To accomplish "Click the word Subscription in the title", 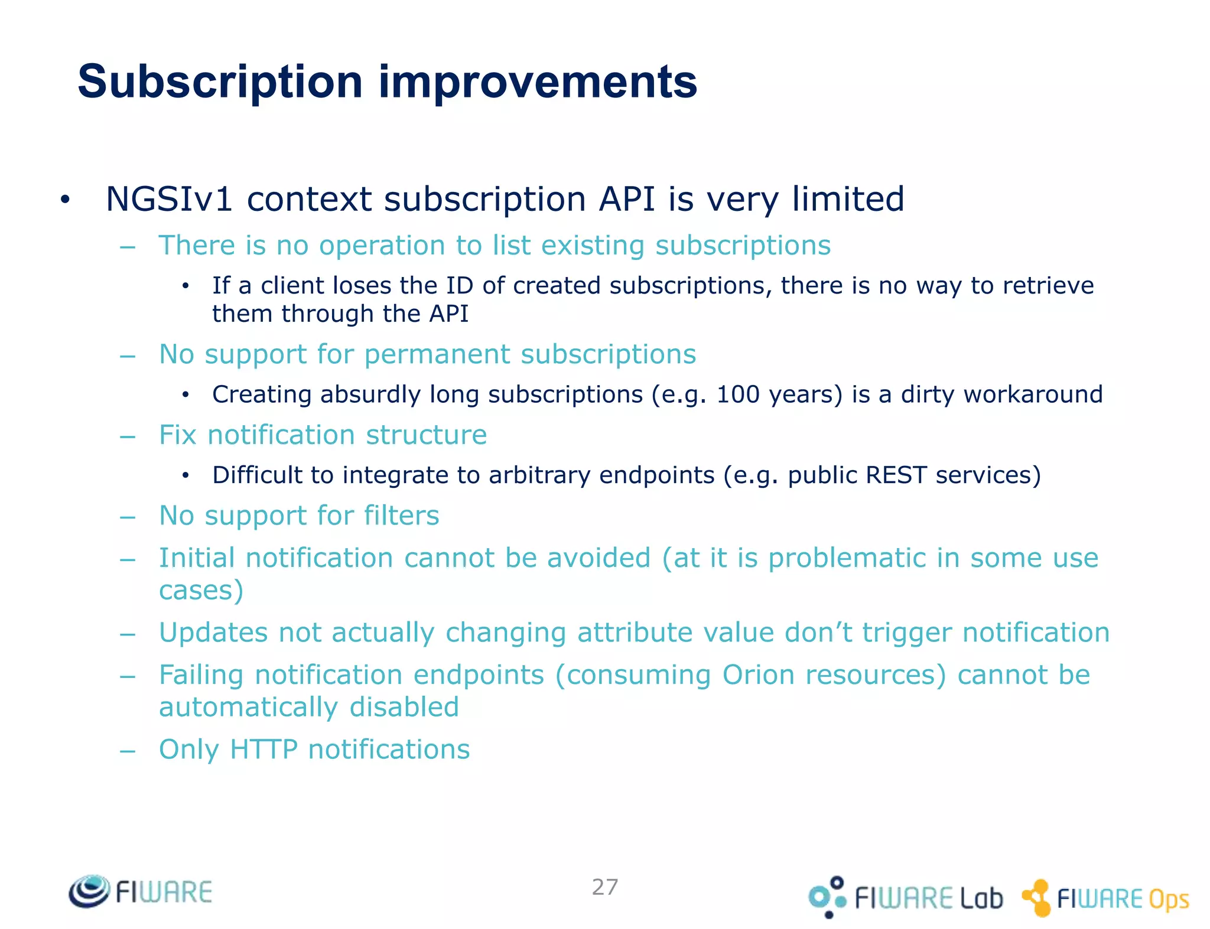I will (220, 82).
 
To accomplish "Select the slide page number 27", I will (605, 887).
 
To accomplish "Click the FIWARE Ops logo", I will (1105, 898).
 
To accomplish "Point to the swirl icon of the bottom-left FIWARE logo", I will (89, 891).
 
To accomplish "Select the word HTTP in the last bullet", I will (264, 749).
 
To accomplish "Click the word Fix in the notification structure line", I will (178, 435).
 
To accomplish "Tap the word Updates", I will (213, 633).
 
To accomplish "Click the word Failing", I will (201, 675).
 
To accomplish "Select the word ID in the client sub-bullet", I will (459, 286).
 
